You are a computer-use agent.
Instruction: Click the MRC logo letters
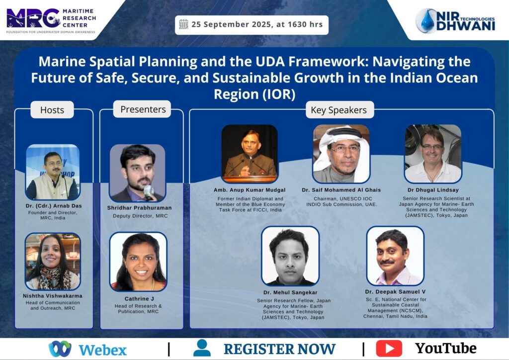coord(33,18)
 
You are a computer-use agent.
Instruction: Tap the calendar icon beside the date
coord(184,24)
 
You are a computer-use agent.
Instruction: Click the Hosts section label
coord(52,110)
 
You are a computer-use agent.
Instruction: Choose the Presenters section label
coord(143,109)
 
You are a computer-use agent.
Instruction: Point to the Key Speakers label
coord(339,110)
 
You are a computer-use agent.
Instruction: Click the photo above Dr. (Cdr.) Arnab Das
coord(53,172)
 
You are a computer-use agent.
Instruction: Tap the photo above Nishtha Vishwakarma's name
coord(53,262)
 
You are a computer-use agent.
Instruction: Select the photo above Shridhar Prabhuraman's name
coord(138,173)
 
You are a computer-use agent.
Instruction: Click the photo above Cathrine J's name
coord(138,262)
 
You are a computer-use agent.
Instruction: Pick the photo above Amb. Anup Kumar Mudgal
coord(250,154)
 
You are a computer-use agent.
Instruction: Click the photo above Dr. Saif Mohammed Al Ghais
coord(341,154)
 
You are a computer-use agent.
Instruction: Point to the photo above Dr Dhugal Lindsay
coord(433,154)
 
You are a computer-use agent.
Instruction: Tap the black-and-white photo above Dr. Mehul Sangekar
coord(290,256)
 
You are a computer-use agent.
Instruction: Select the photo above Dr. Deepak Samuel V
coord(395,256)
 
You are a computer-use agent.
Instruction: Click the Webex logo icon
coord(60,349)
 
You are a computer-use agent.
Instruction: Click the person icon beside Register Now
coord(202,348)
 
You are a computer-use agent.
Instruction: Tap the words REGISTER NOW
coord(279,349)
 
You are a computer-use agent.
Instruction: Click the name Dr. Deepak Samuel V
coord(395,292)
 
